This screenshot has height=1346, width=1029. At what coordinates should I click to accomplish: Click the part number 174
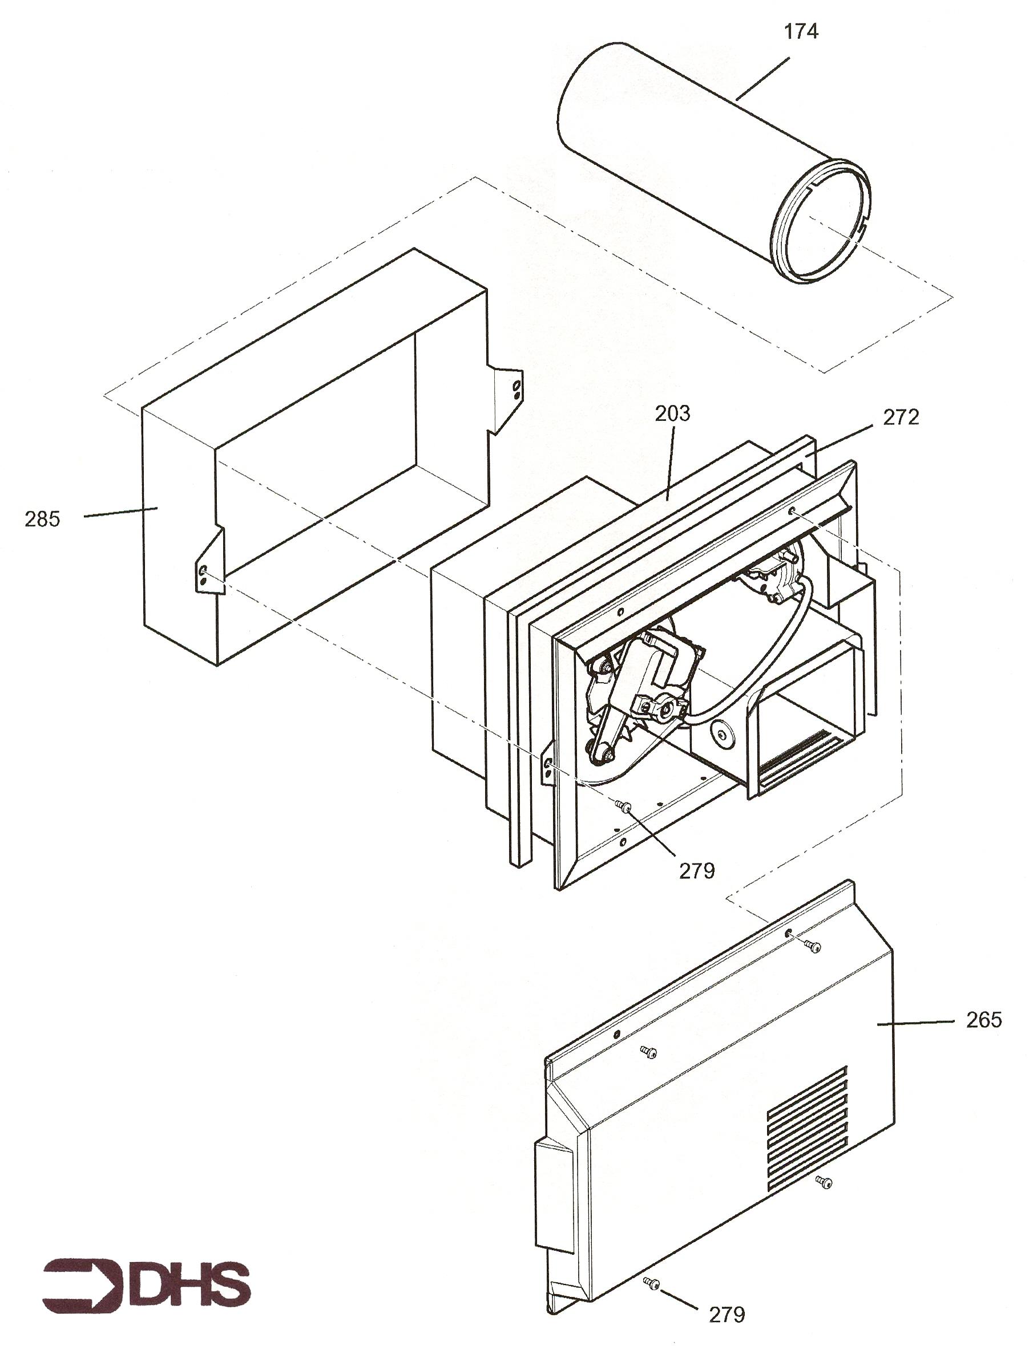coord(801,31)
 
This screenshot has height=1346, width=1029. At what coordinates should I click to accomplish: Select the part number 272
coord(901,417)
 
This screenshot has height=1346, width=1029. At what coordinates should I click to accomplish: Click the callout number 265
coord(984,1020)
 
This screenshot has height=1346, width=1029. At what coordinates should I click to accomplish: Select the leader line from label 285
coord(120,512)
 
